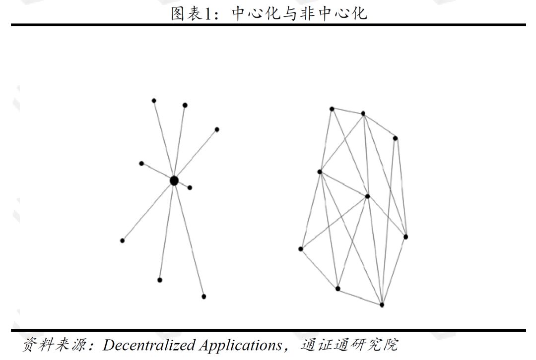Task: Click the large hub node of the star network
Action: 174,180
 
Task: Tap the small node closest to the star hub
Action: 190,187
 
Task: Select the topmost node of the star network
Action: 154,101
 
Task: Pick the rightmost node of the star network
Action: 217,129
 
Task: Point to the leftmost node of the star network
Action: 122,240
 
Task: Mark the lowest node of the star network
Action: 203,297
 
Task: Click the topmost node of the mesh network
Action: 332,109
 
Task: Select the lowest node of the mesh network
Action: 382,304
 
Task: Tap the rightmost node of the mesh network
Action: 405,237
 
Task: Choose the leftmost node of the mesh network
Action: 300,249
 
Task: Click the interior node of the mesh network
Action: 367,196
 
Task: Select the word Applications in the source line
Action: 240,345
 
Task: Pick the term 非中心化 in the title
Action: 334,13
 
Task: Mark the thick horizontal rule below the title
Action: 268,25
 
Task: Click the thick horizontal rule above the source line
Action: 268,330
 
